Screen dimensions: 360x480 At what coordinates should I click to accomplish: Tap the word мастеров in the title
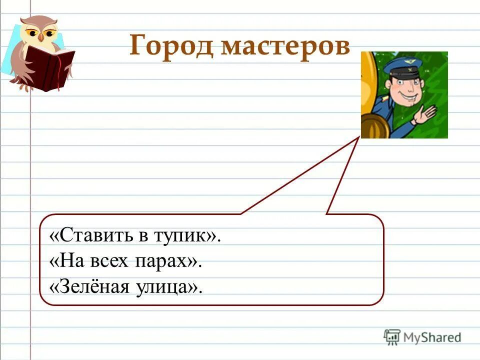[x=285, y=47]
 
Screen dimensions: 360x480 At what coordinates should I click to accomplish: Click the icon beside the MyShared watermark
[x=392, y=337]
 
